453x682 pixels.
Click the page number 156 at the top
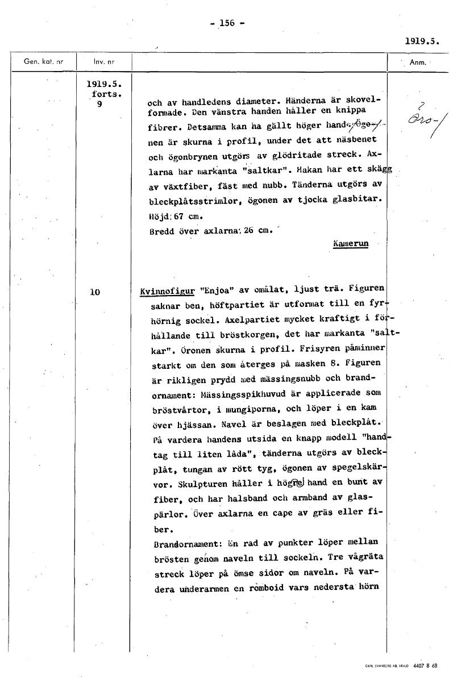(227, 23)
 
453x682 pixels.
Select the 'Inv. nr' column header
(103, 61)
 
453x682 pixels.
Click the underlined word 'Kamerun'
(351, 243)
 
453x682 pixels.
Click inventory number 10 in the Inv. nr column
(94, 292)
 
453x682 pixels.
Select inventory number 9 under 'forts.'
(99, 104)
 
